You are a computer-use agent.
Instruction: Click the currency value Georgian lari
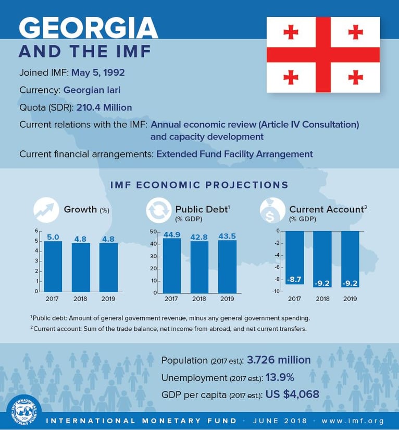(92, 90)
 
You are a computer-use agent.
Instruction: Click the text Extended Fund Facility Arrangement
(234, 154)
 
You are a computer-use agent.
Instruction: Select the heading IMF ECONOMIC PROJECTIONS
(199, 185)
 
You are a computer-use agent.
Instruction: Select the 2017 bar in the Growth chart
(53, 266)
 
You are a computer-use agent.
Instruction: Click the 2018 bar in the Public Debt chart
(198, 266)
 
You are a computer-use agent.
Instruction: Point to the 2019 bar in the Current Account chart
(350, 258)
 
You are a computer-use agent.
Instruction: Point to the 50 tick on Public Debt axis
(153, 231)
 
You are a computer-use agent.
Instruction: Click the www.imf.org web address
(353, 421)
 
